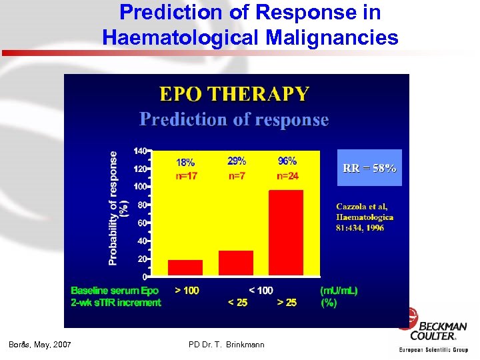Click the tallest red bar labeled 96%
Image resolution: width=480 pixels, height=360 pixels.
click(x=285, y=233)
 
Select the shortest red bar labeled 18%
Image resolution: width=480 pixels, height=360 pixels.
click(x=185, y=267)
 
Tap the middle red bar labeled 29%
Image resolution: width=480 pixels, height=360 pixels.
click(x=236, y=263)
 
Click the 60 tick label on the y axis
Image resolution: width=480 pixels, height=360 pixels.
click(x=141, y=223)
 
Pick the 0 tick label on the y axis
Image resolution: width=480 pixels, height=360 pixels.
click(x=145, y=276)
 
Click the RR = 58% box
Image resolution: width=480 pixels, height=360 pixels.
click(x=369, y=168)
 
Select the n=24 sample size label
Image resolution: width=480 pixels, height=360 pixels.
click(x=287, y=176)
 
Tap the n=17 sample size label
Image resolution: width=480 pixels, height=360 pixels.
click(x=185, y=176)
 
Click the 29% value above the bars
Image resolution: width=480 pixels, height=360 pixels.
click(x=237, y=161)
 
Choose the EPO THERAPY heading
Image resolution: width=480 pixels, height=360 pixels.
click(x=233, y=94)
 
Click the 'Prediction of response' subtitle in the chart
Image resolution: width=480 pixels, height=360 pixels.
click(x=234, y=120)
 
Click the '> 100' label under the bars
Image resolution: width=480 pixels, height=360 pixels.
click(x=187, y=291)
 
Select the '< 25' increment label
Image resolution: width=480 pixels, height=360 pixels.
click(x=237, y=303)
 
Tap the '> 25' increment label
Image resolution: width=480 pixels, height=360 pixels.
click(x=287, y=303)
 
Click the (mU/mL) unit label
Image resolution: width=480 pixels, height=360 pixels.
click(x=339, y=291)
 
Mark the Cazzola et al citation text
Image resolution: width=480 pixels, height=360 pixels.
click(x=365, y=217)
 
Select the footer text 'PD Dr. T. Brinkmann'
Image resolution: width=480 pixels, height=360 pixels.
click(x=227, y=345)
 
